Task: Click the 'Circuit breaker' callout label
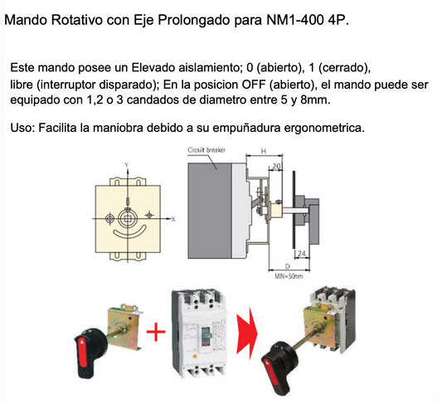(208, 150)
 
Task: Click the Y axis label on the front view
(126, 165)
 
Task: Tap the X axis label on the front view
(173, 219)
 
